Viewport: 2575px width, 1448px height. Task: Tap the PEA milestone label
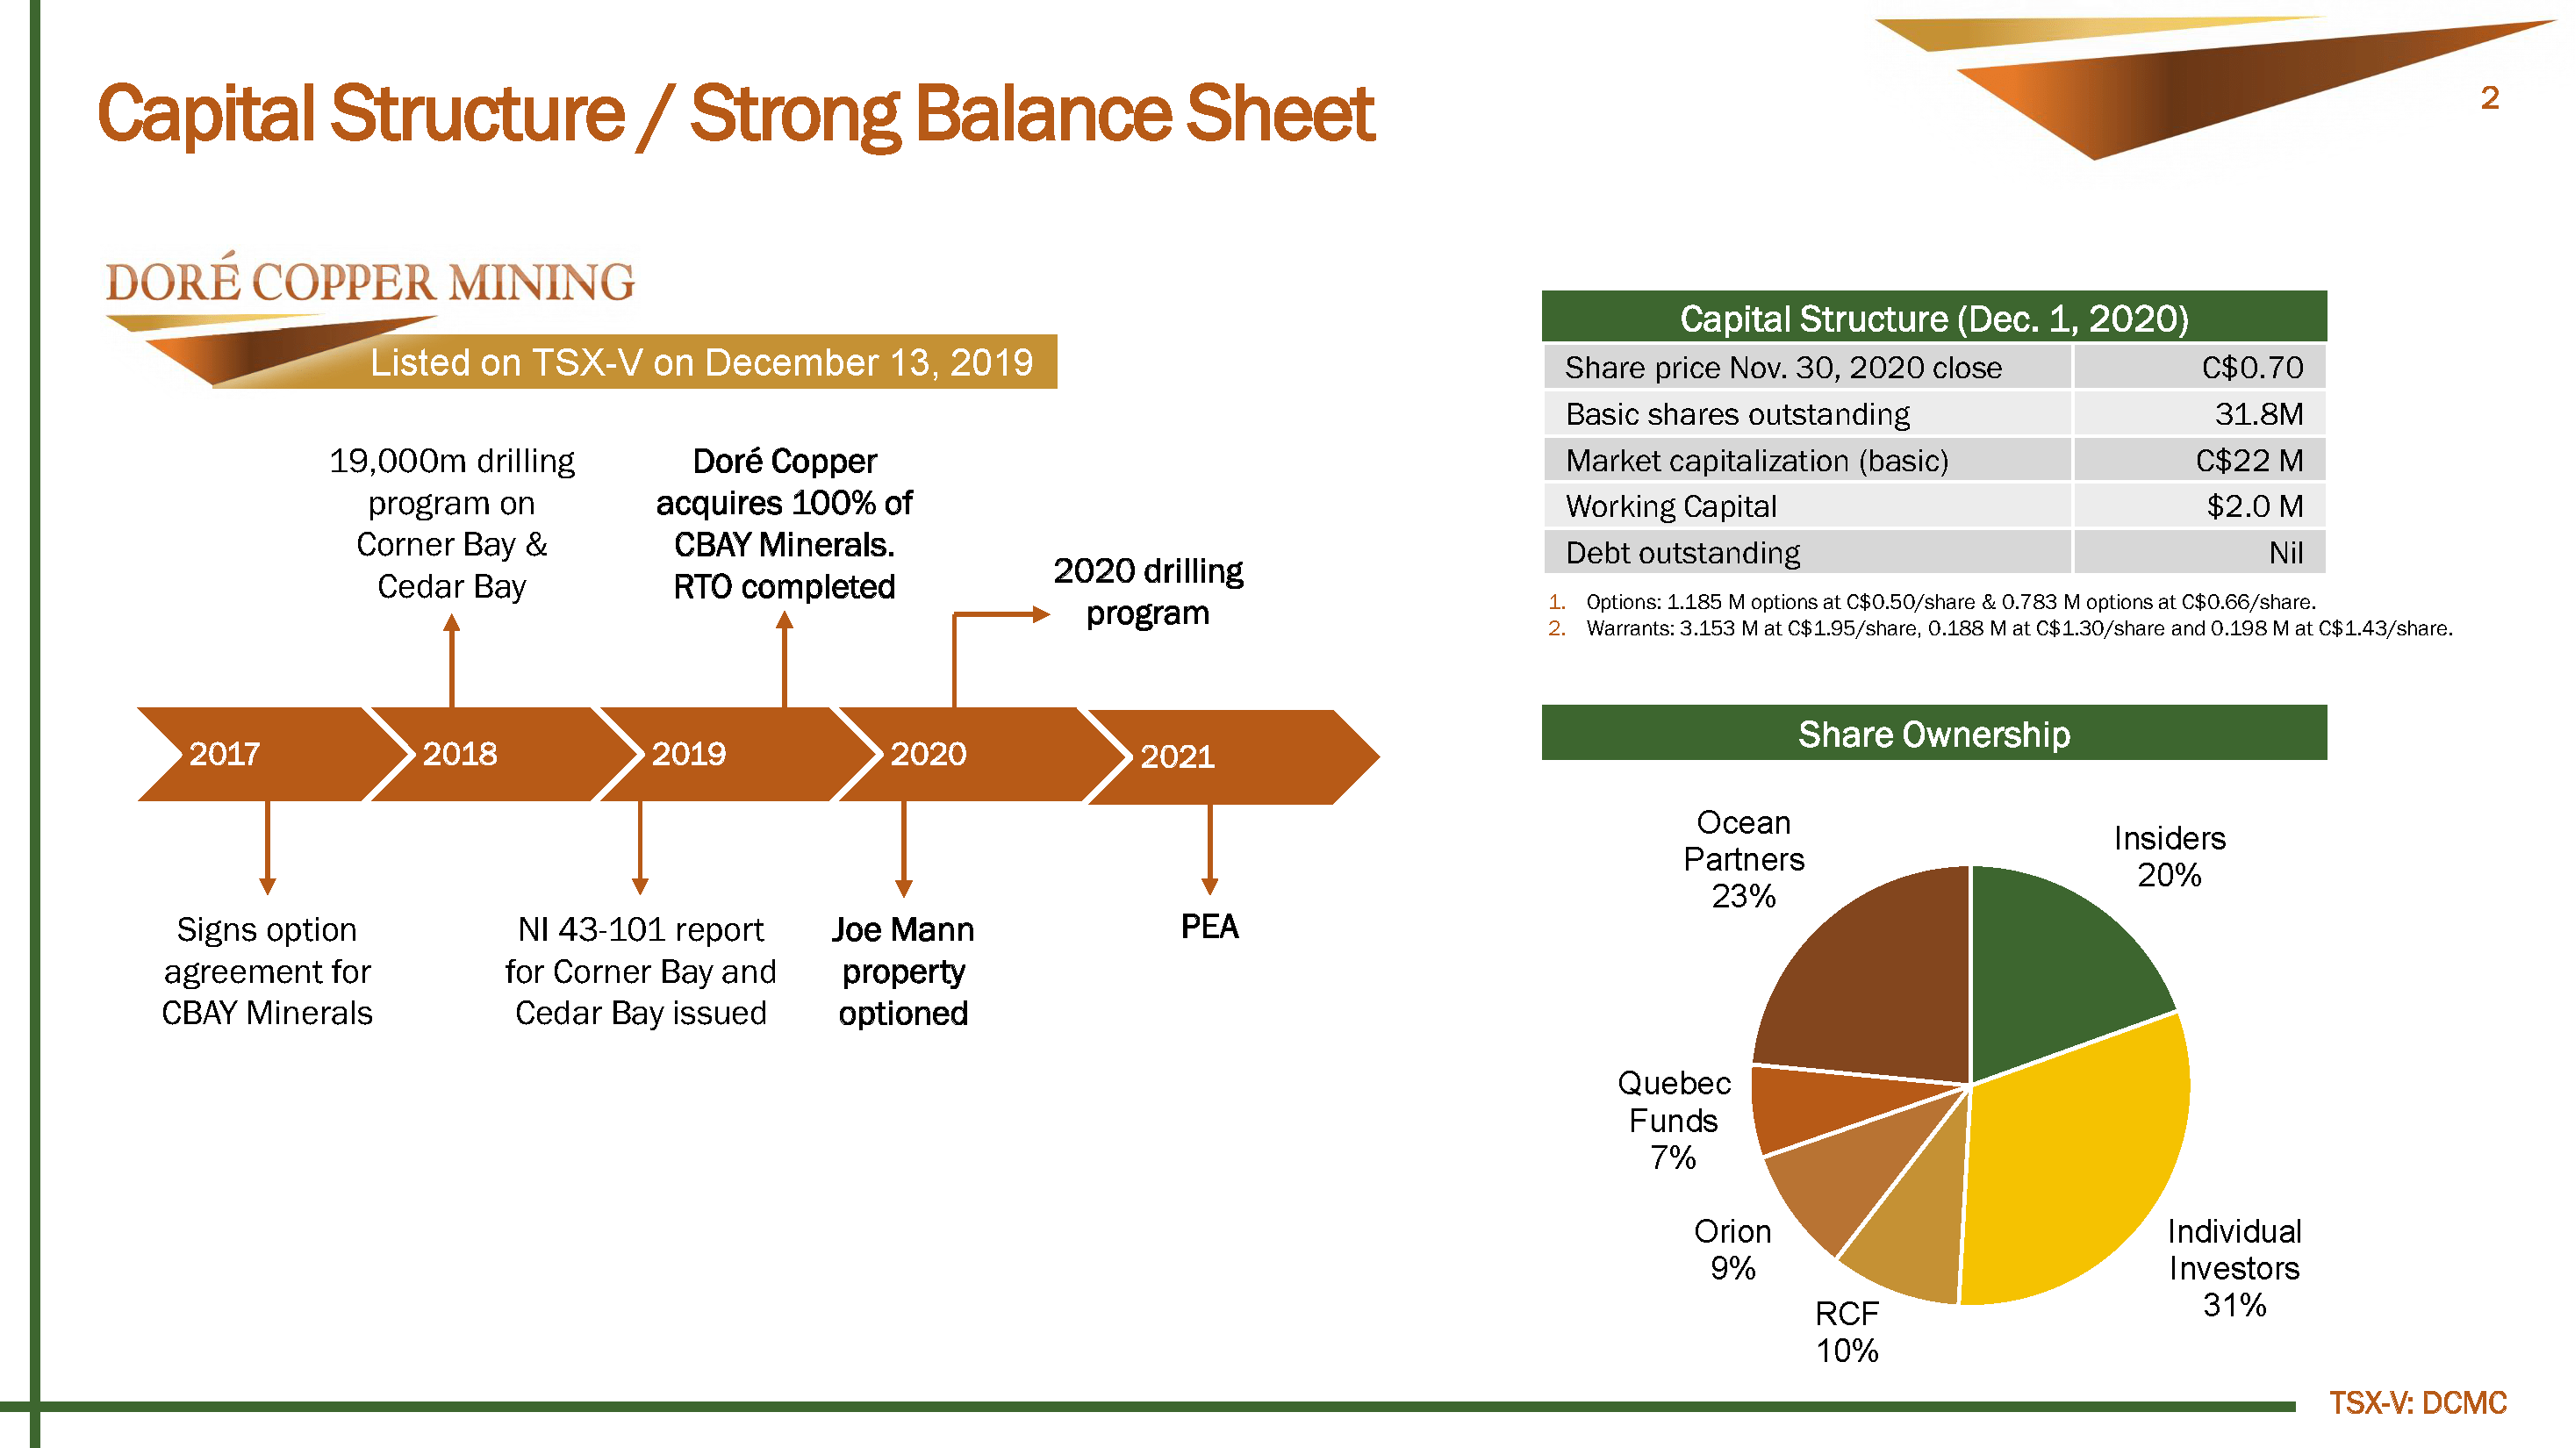coord(1209,927)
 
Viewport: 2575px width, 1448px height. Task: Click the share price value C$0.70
coord(2252,368)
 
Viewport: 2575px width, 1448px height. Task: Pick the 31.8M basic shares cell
coord(2258,413)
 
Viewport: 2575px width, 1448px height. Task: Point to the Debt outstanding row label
coord(1682,553)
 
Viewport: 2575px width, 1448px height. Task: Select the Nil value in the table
coord(2285,553)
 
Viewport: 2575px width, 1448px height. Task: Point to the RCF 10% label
coord(1847,1332)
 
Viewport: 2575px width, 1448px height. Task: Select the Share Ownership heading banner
coord(1933,733)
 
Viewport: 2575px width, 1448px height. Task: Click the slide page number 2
coord(2489,98)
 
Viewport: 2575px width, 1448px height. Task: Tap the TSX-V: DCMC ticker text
coord(2417,1403)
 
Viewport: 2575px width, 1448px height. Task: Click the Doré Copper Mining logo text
coord(369,280)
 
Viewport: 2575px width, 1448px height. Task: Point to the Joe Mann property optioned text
coord(902,971)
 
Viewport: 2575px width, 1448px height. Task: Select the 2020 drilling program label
coord(1148,591)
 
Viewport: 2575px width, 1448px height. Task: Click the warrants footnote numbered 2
coord(1999,628)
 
